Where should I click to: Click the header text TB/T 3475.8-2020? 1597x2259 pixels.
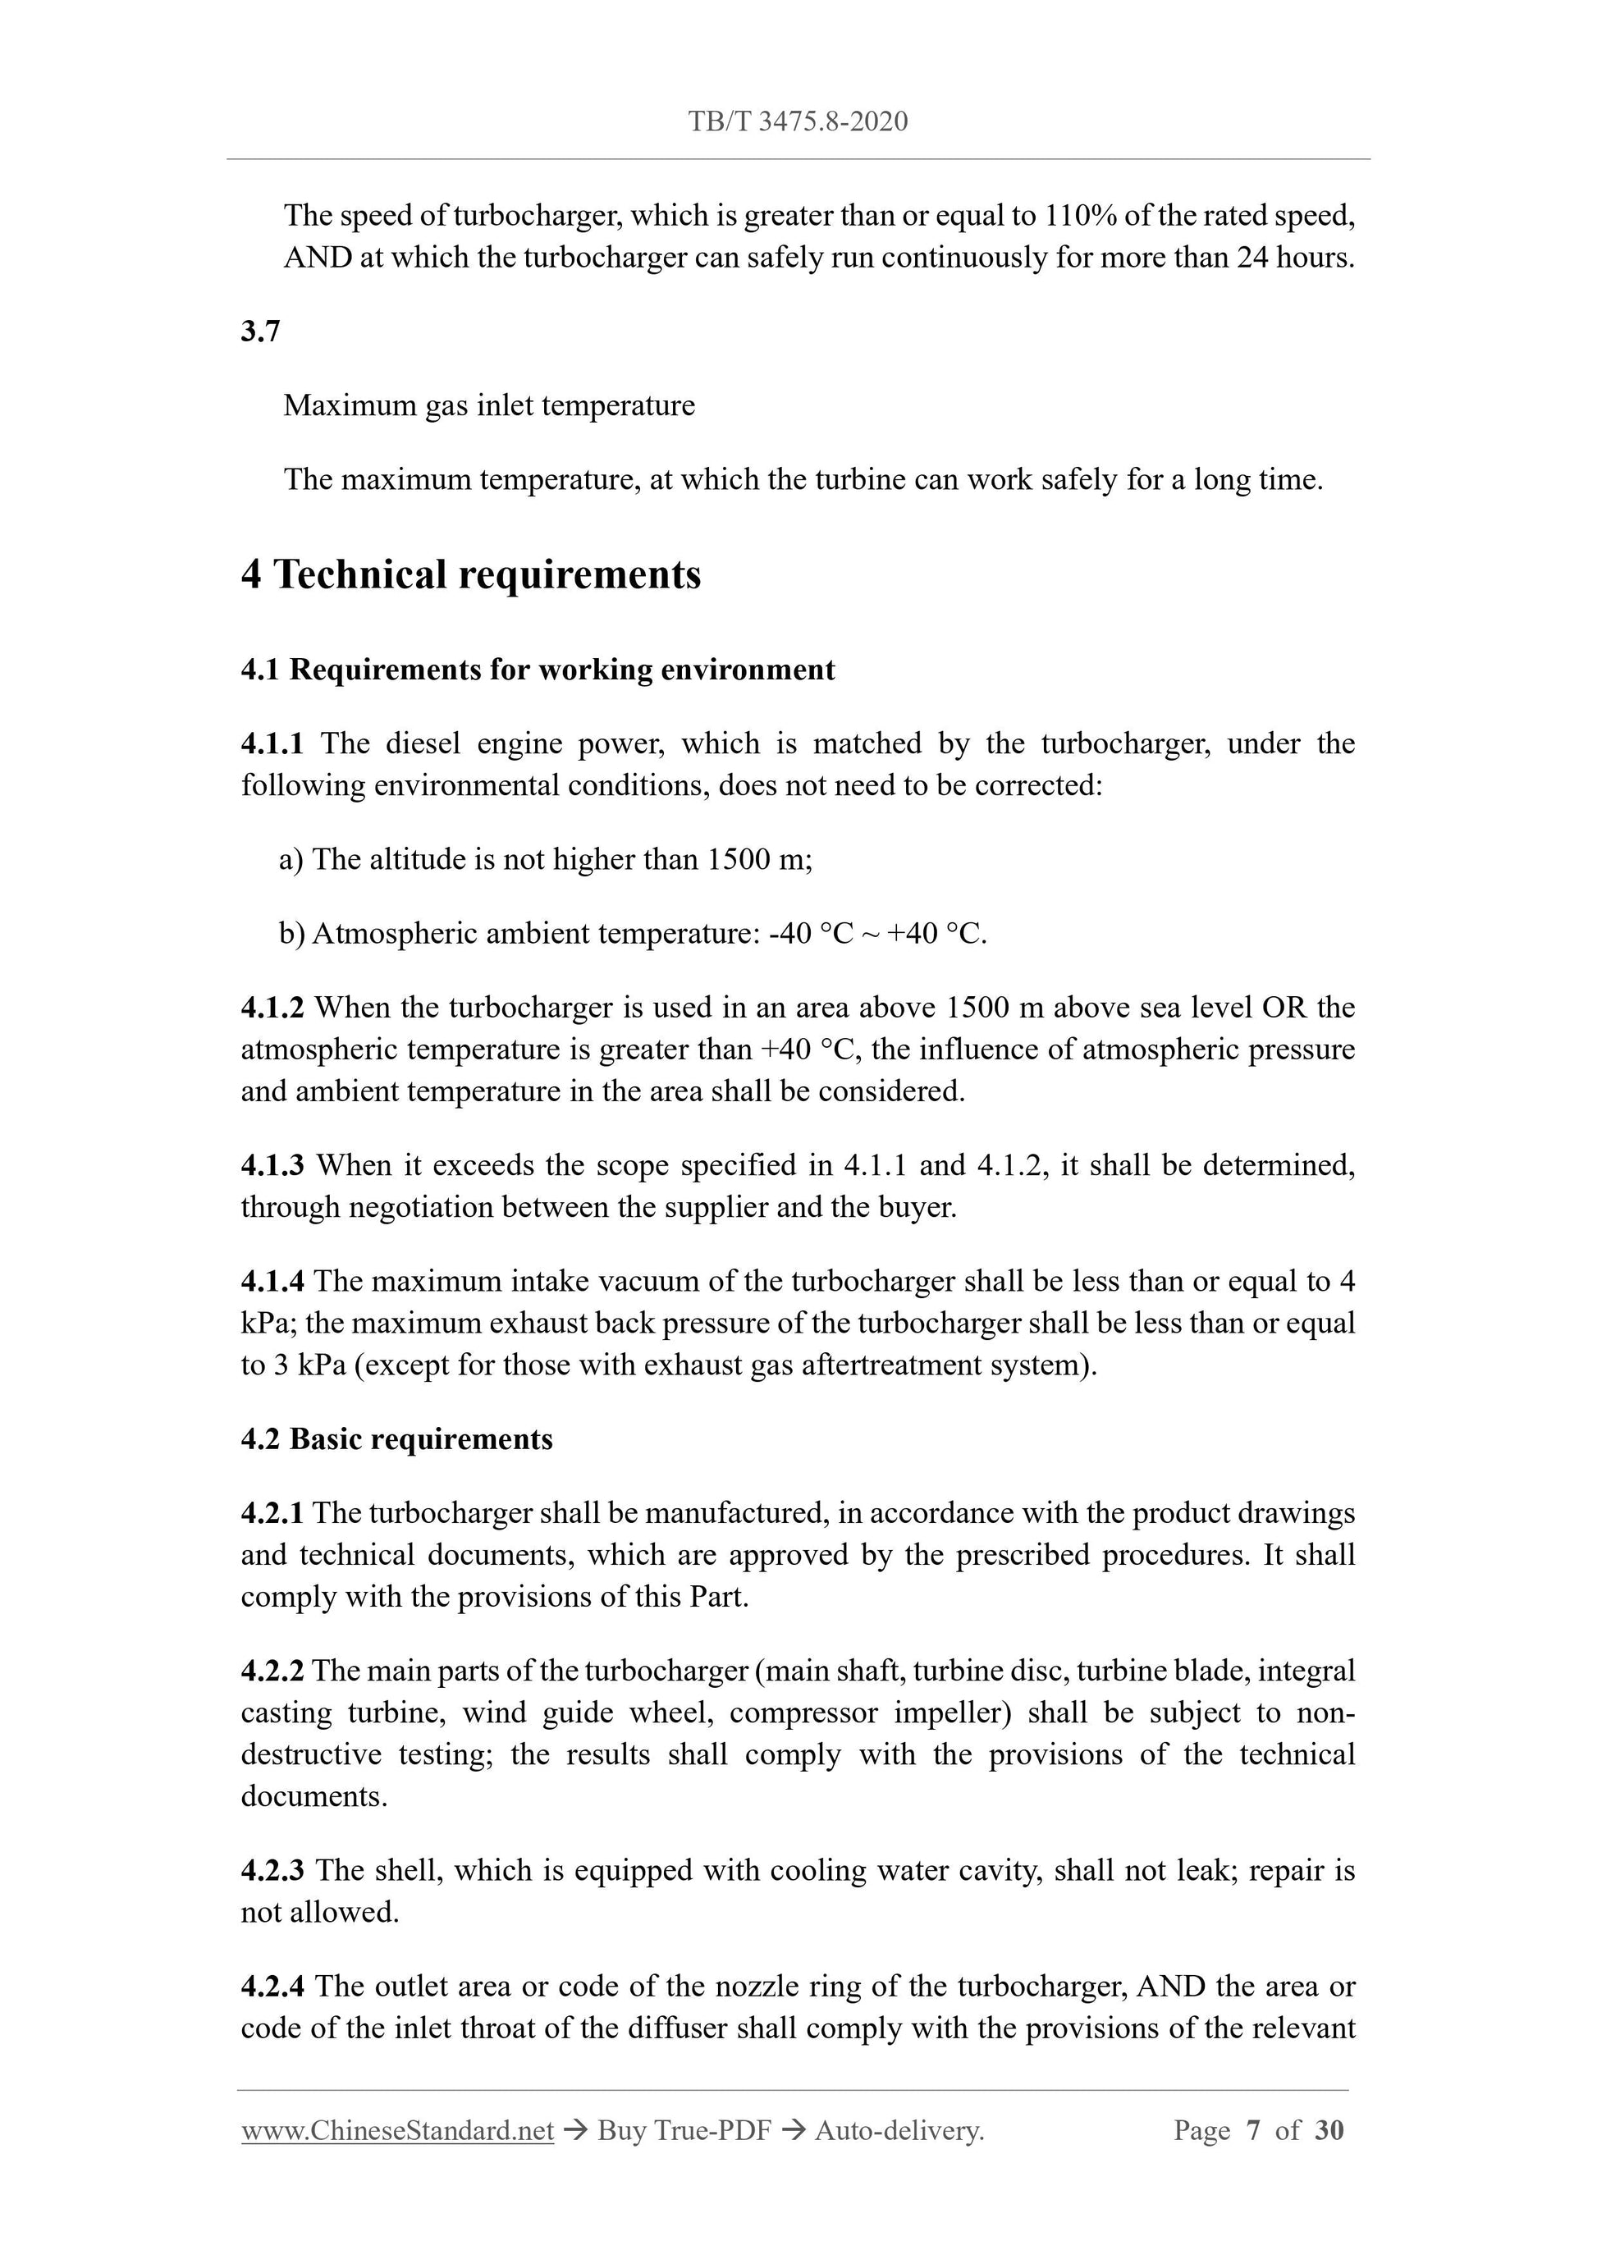click(x=797, y=122)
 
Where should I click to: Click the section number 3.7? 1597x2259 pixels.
click(x=261, y=332)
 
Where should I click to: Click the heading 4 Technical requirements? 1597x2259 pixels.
click(x=470, y=574)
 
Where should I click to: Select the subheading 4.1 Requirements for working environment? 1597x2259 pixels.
click(x=538, y=670)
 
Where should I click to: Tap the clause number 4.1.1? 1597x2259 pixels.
click(x=272, y=743)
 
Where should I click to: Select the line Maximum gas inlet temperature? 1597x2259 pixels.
click(x=489, y=406)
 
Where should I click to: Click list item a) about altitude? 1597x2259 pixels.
click(x=545, y=860)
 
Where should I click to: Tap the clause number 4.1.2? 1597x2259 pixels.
click(x=272, y=1008)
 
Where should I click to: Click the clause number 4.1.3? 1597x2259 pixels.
click(x=272, y=1166)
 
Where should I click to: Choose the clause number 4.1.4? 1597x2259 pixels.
click(x=272, y=1282)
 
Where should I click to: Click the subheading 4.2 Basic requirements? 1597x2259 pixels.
click(x=396, y=1439)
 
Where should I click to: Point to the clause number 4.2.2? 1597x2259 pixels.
click(x=272, y=1671)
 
